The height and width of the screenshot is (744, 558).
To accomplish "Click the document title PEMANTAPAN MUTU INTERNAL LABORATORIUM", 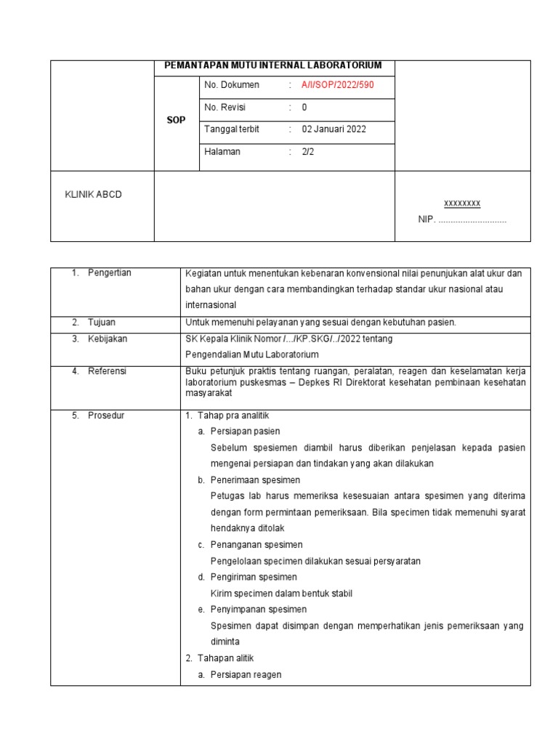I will pyautogui.click(x=274, y=66).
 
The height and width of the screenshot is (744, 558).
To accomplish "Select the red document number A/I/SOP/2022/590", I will pyautogui.click(x=338, y=85).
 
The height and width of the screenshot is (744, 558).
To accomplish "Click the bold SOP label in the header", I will pyautogui.click(x=176, y=120).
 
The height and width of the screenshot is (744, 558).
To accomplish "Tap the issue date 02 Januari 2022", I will pyautogui.click(x=334, y=129).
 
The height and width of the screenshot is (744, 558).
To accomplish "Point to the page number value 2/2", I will pyautogui.click(x=308, y=152).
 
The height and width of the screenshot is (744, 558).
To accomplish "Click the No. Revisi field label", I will pyautogui.click(x=225, y=108).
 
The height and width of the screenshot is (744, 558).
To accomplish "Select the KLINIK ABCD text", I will pyautogui.click(x=94, y=195).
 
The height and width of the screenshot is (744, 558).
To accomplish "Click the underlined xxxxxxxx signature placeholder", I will pyautogui.click(x=462, y=203).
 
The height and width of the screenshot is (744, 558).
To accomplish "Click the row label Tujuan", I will pyautogui.click(x=102, y=322).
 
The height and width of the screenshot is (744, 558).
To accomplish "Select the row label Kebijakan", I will pyautogui.click(x=107, y=339).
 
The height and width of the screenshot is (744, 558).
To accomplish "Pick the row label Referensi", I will pyautogui.click(x=107, y=371).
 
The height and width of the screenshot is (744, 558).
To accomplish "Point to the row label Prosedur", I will pyautogui.click(x=105, y=416).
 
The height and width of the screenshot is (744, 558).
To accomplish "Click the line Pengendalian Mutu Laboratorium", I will pyautogui.click(x=253, y=355).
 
